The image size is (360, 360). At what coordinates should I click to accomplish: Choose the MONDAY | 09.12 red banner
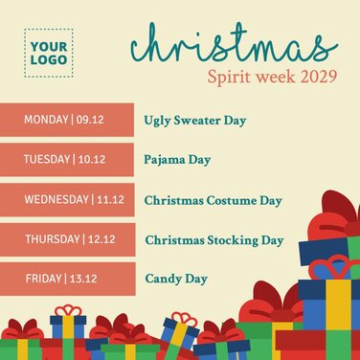click(67, 120)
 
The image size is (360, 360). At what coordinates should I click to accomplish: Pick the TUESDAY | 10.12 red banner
click(67, 159)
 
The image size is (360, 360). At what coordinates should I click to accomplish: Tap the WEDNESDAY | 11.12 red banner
click(67, 199)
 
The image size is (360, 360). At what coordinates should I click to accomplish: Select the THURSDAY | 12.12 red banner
click(67, 238)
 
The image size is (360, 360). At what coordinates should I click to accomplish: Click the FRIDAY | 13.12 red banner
click(67, 279)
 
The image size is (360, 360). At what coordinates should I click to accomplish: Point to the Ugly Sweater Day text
click(195, 121)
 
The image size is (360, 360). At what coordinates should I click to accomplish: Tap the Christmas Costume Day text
click(213, 200)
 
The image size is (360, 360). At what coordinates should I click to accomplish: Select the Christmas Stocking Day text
click(214, 239)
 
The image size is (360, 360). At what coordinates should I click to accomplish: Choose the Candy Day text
click(176, 279)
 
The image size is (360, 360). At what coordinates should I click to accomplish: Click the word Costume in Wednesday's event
click(233, 200)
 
